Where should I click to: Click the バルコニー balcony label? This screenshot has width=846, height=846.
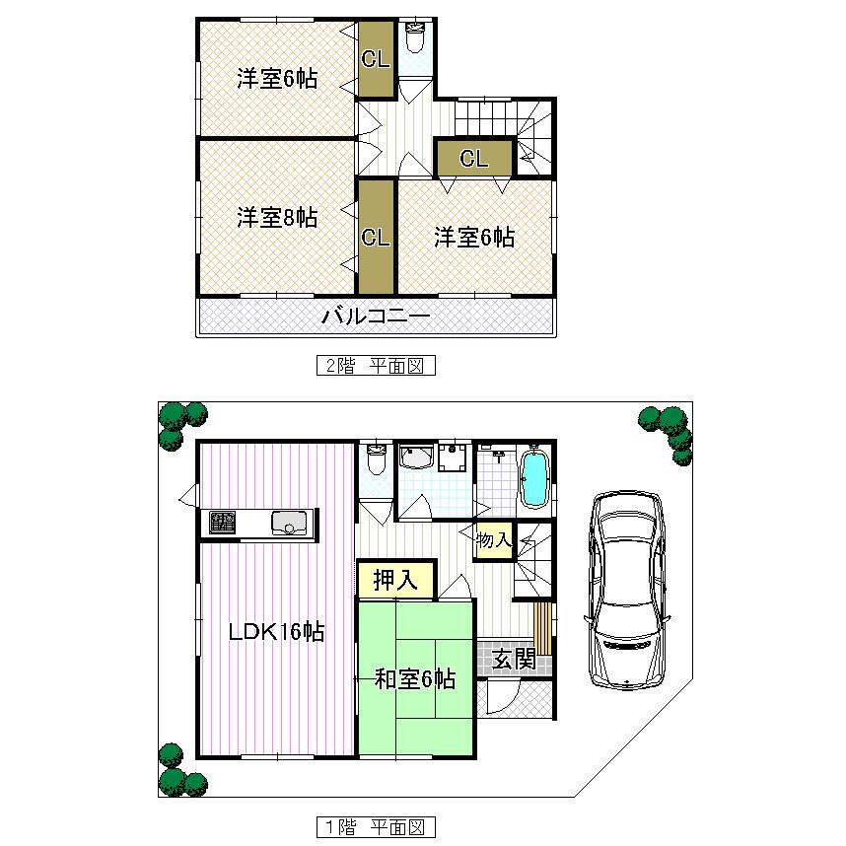[376, 317]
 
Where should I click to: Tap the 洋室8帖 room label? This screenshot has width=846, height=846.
[277, 218]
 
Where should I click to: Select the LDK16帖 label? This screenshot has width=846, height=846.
[277, 632]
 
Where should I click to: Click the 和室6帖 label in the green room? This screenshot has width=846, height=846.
[415, 678]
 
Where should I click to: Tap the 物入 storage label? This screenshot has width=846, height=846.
[494, 540]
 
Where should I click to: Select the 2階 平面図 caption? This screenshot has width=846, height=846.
[376, 366]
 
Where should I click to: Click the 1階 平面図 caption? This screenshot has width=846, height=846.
[376, 826]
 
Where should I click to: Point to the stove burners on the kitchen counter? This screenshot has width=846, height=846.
[223, 524]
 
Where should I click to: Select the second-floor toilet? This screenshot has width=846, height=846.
[415, 39]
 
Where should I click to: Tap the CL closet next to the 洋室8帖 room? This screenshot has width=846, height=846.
[376, 238]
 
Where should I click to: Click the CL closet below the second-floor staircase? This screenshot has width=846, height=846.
[474, 159]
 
